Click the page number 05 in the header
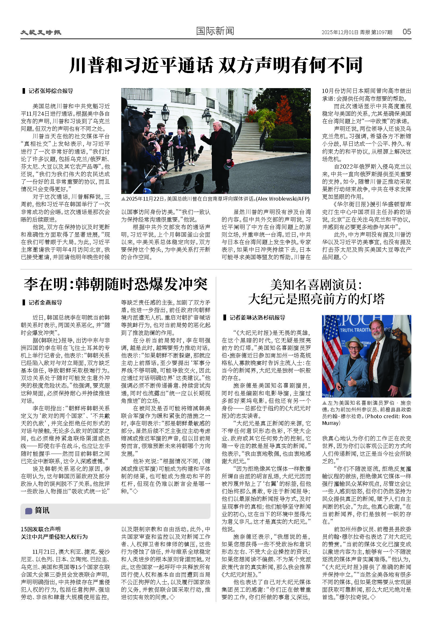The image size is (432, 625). (x=406, y=32)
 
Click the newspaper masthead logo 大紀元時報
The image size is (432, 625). (x=41, y=32)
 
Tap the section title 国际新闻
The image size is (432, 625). (x=215, y=31)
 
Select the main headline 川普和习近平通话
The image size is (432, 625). (x=141, y=65)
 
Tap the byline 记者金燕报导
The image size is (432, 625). (x=45, y=302)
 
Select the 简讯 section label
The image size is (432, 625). (x=42, y=510)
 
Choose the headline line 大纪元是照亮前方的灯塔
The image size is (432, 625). (x=316, y=299)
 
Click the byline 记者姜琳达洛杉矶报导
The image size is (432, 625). (x=257, y=317)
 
